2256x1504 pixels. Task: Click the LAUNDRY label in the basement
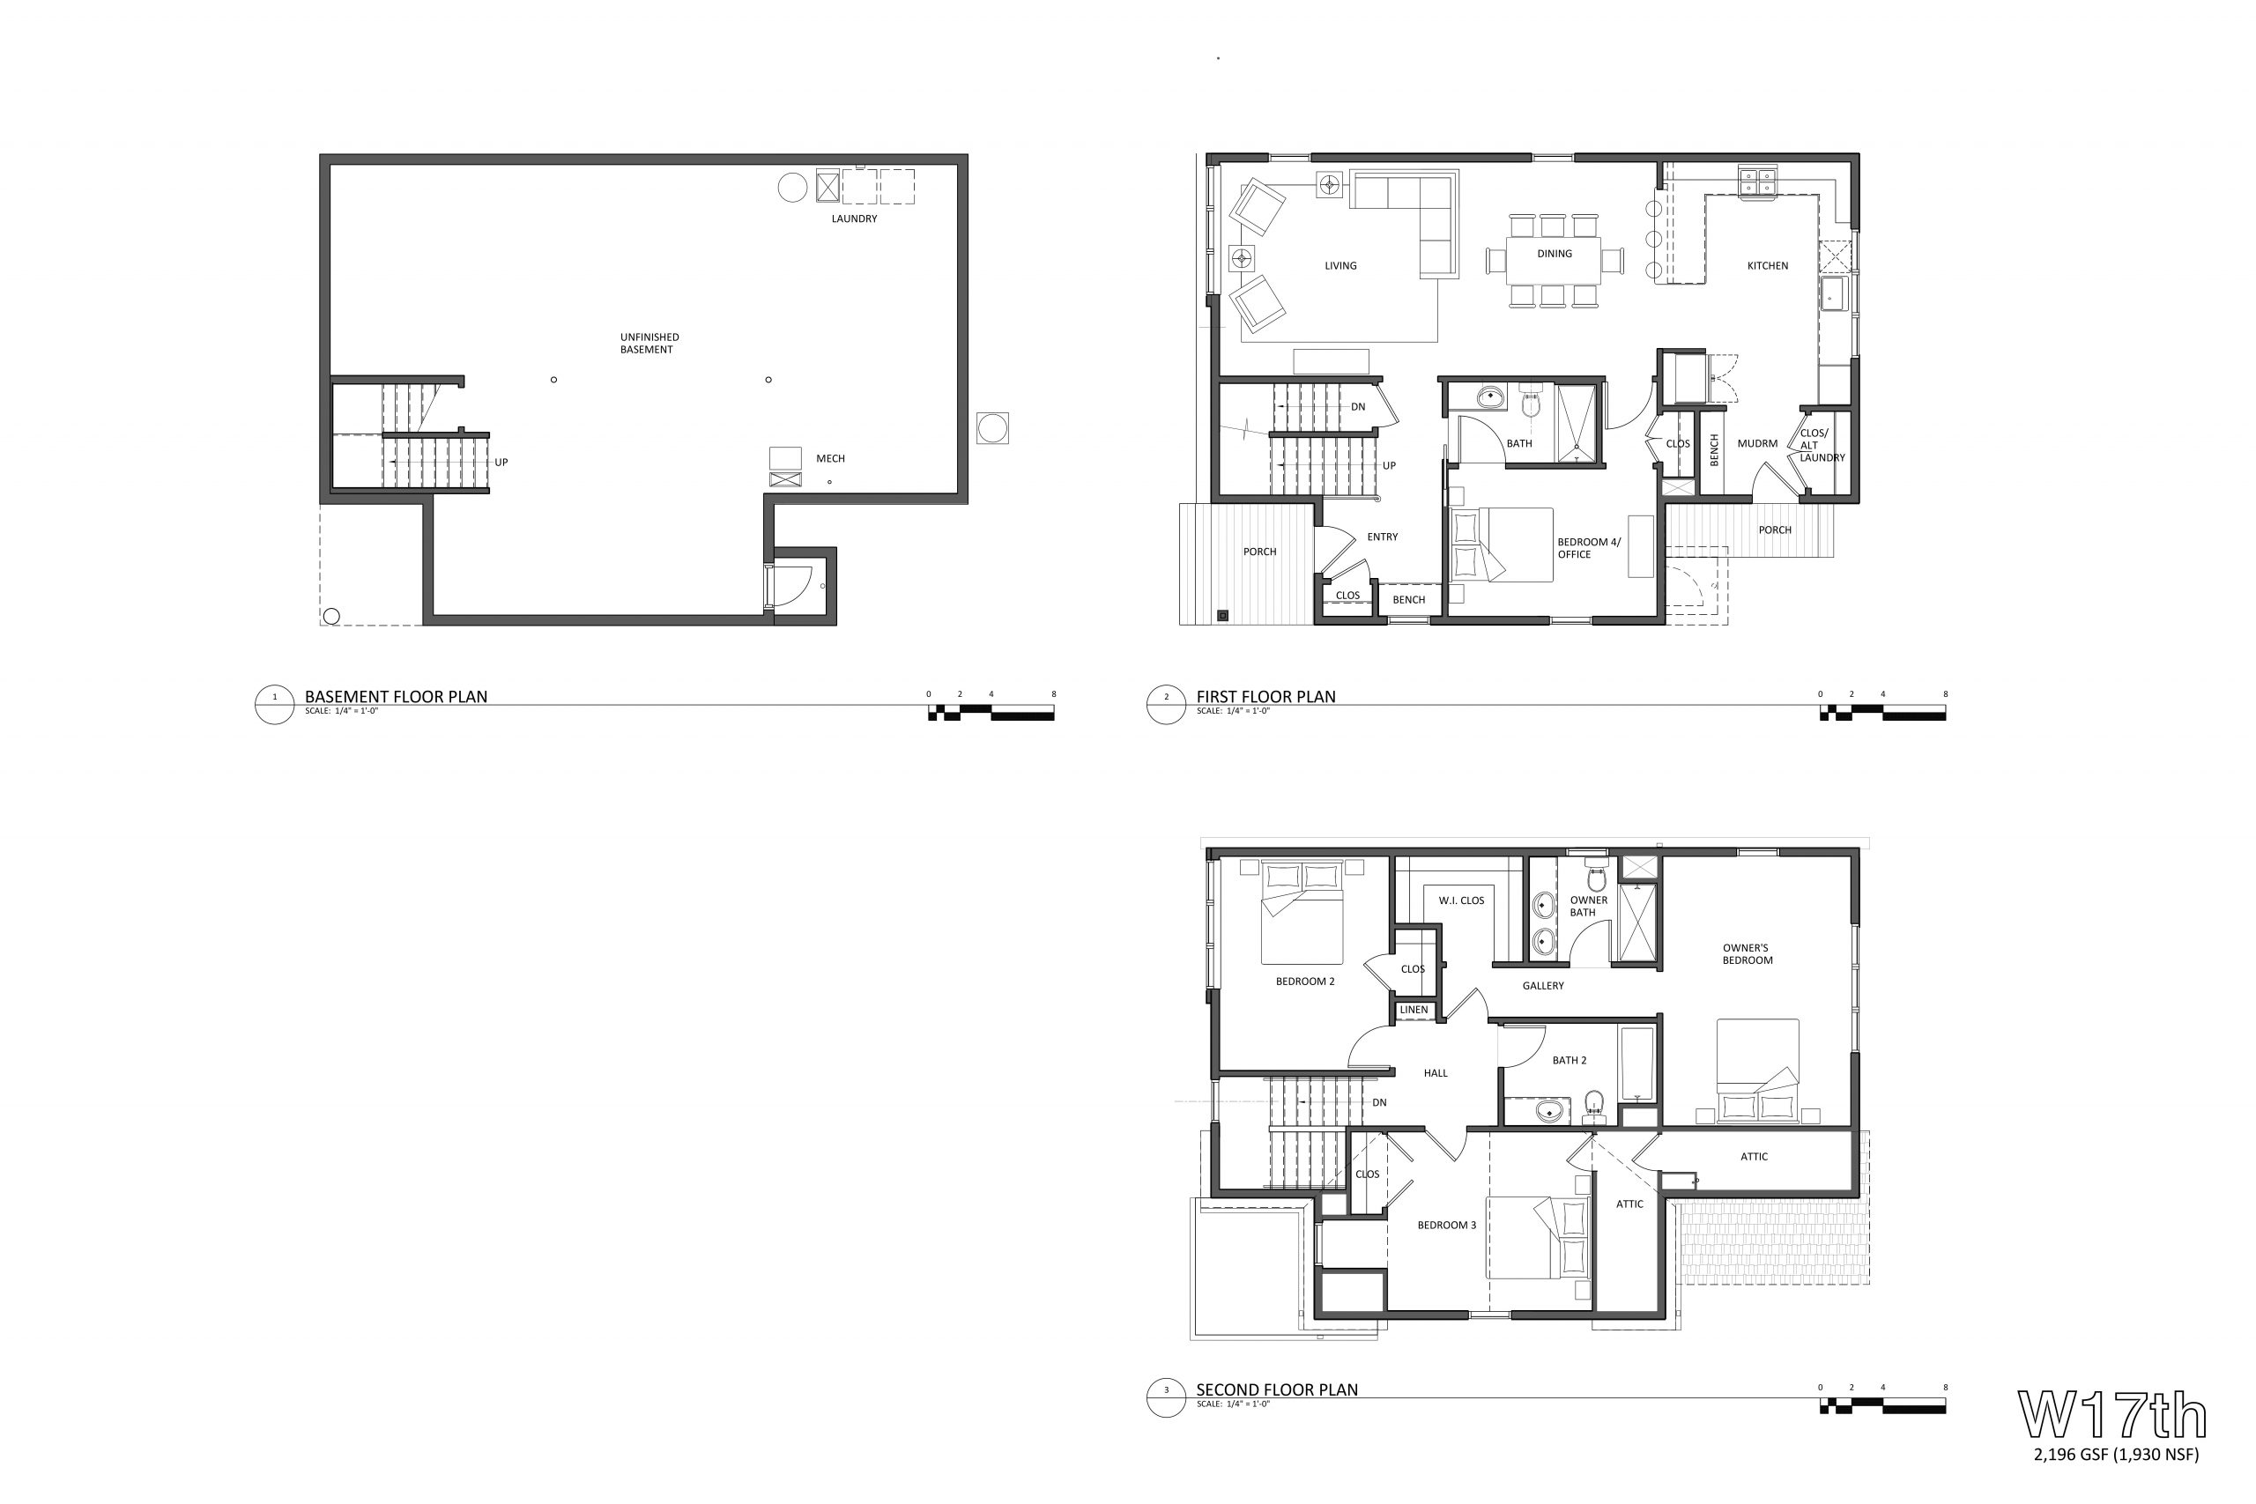(x=854, y=219)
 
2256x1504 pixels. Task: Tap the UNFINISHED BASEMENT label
(x=649, y=344)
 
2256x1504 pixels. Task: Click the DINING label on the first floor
(x=1554, y=254)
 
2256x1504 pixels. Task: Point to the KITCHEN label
(x=1767, y=266)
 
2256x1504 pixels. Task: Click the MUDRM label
(x=1757, y=443)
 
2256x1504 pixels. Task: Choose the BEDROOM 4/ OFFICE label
(x=1588, y=548)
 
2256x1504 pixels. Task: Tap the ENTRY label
(x=1382, y=537)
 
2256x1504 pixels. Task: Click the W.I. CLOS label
(x=1461, y=900)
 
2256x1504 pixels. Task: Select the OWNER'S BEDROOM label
(x=1747, y=954)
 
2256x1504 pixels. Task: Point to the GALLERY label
(x=1542, y=986)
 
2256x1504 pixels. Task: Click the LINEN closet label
(x=1413, y=1010)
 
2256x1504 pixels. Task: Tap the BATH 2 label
(x=1570, y=1060)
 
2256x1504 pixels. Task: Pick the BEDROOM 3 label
(x=1446, y=1225)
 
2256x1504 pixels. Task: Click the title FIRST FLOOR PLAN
(x=1265, y=696)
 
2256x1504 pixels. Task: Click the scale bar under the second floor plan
(x=1882, y=1406)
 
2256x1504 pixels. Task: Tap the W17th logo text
(x=2112, y=1414)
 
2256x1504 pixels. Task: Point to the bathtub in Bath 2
(x=1637, y=1064)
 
